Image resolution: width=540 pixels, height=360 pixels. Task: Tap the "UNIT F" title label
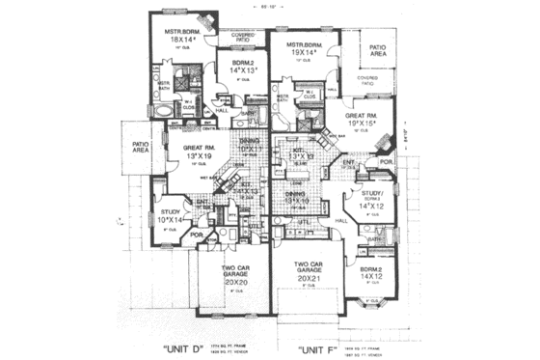point(324,344)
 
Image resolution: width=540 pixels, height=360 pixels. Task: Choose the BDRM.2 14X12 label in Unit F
point(371,276)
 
